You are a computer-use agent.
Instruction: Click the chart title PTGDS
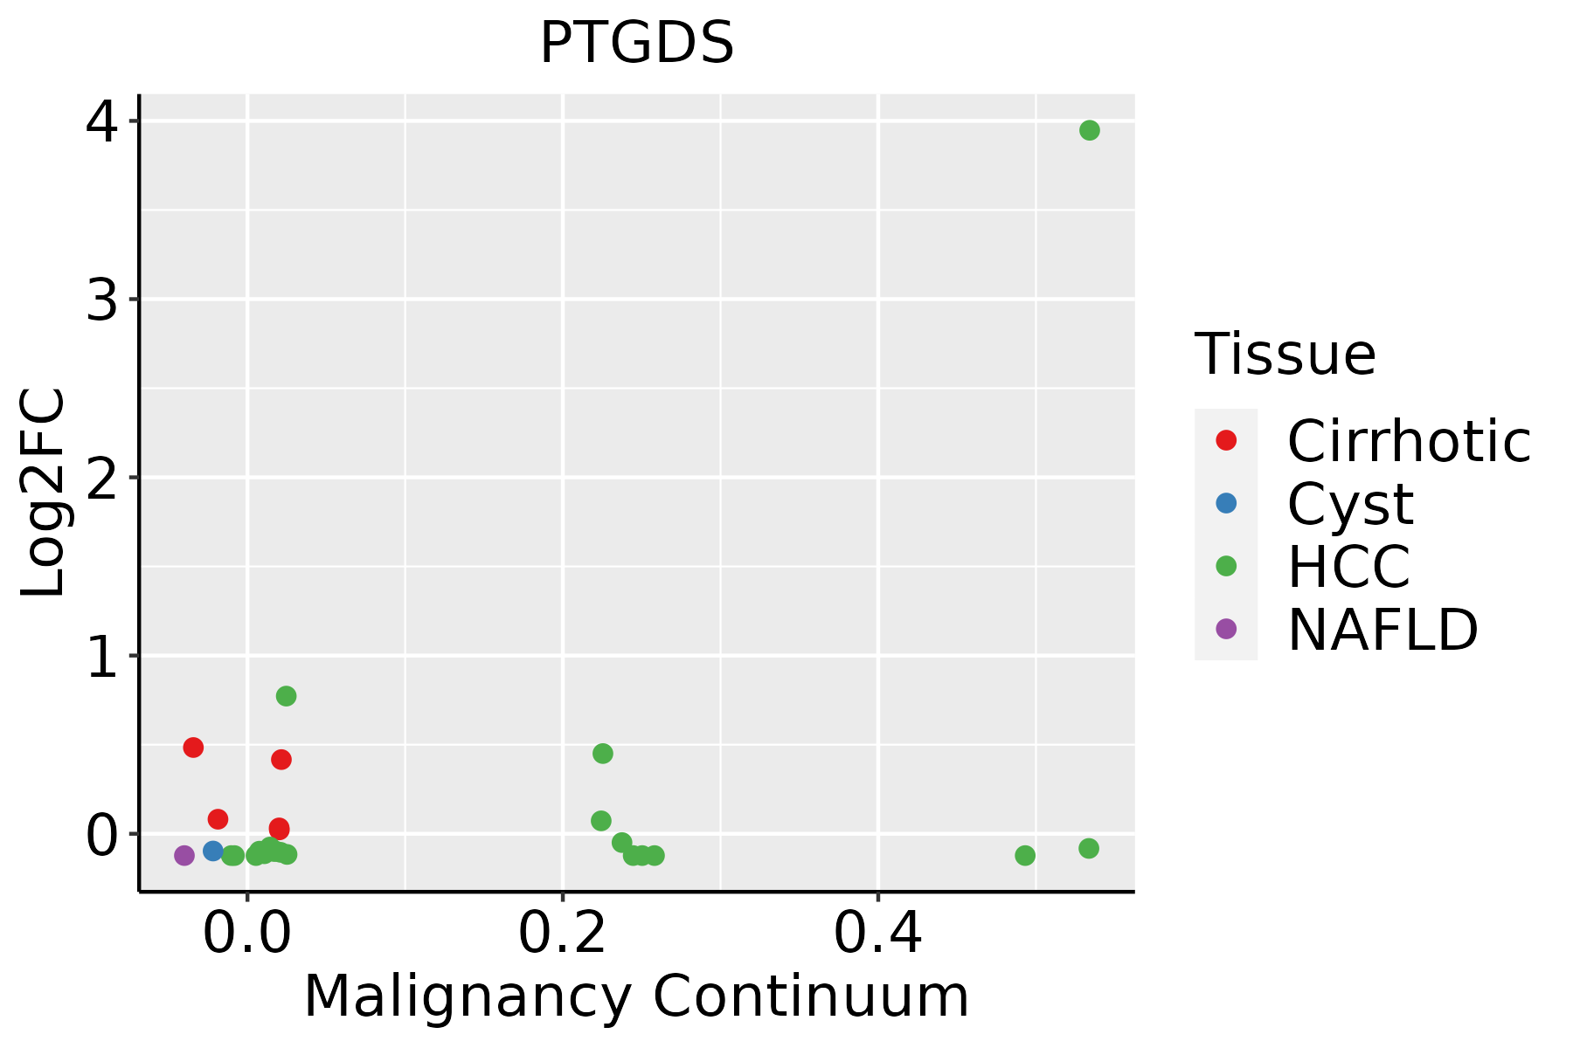click(636, 44)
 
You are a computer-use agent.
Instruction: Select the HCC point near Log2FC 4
click(1089, 130)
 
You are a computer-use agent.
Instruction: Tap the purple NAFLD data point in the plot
click(184, 855)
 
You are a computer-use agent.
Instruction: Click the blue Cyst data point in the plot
click(213, 851)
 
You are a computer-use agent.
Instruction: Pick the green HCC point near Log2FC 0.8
click(286, 696)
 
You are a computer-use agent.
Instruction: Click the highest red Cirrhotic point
click(193, 748)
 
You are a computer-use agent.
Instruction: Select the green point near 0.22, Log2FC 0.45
click(602, 754)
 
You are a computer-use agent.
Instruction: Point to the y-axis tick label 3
click(102, 300)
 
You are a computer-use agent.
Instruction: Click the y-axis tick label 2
click(102, 478)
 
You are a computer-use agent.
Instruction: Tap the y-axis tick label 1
click(102, 656)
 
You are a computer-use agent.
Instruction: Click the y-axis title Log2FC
click(44, 493)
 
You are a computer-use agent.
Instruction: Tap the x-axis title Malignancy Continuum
click(636, 996)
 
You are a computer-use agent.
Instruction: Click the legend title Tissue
click(1285, 355)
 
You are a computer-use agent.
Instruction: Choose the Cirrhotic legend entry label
click(1408, 441)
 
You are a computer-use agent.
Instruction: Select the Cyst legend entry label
click(1350, 504)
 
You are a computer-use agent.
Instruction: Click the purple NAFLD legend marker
click(1226, 629)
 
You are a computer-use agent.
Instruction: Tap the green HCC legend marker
click(1226, 566)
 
